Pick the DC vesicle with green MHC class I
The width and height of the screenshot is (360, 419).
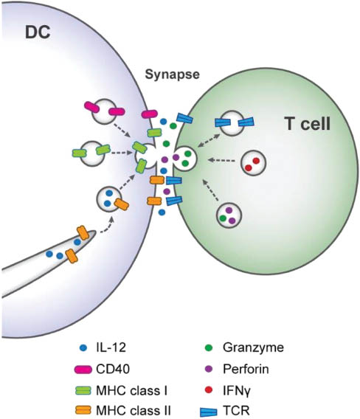[93, 152]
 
